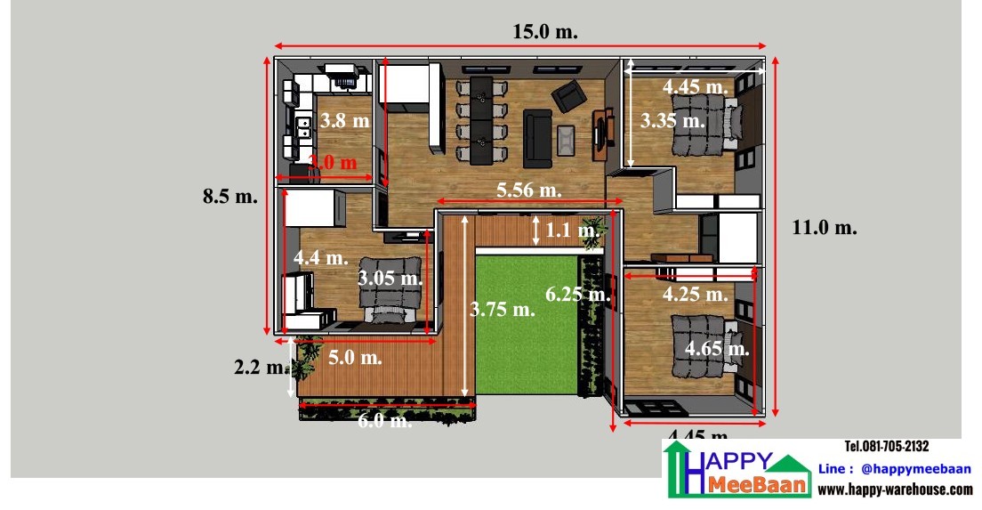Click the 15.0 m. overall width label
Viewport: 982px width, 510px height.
click(544, 31)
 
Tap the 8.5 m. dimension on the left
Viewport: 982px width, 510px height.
click(230, 197)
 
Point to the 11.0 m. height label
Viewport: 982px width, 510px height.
click(824, 227)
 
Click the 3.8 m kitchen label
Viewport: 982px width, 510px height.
click(344, 120)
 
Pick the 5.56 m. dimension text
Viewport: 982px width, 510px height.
click(529, 189)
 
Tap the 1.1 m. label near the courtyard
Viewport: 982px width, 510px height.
click(572, 231)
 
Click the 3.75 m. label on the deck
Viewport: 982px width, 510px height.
click(502, 309)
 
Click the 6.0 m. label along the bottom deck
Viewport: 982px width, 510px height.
click(384, 421)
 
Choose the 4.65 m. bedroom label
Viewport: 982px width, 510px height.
click(716, 348)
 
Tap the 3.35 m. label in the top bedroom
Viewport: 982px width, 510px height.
click(672, 119)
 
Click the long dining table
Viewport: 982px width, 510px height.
click(480, 120)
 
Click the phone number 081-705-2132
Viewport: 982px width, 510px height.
click(886, 447)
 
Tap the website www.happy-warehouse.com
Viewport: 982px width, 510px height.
click(894, 490)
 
